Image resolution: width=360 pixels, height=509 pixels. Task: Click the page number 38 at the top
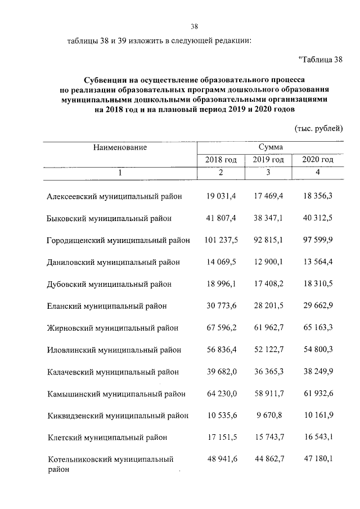pos(195,26)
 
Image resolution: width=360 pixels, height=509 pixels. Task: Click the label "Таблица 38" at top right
pos(319,60)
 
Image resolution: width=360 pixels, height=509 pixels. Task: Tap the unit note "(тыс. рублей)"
pos(319,128)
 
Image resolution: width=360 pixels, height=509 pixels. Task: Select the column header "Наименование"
pos(120,147)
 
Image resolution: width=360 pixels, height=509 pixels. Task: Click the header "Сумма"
pos(270,147)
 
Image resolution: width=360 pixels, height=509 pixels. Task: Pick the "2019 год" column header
pos(268,160)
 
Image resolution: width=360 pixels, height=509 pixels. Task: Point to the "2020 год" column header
pos(318,160)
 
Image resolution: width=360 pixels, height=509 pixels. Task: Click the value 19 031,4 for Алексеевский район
pos(220,196)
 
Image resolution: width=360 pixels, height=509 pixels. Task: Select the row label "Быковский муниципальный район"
pos(109,218)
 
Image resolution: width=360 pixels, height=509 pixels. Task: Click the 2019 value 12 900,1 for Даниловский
pos(268,262)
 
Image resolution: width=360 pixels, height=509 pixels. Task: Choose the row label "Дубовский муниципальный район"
pos(109,284)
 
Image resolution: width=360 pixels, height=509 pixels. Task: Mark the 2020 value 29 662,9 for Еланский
pos(318,306)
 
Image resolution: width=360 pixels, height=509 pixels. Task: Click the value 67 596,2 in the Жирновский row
pos(220,328)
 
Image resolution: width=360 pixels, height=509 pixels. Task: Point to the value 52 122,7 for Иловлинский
pos(268,350)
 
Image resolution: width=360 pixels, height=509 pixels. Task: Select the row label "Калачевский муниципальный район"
pos(112,372)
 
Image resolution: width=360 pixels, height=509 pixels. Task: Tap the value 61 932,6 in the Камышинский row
pos(318,394)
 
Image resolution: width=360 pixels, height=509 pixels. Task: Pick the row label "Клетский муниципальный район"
pos(107,438)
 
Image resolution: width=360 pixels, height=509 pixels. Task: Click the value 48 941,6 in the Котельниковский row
pos(220,460)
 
